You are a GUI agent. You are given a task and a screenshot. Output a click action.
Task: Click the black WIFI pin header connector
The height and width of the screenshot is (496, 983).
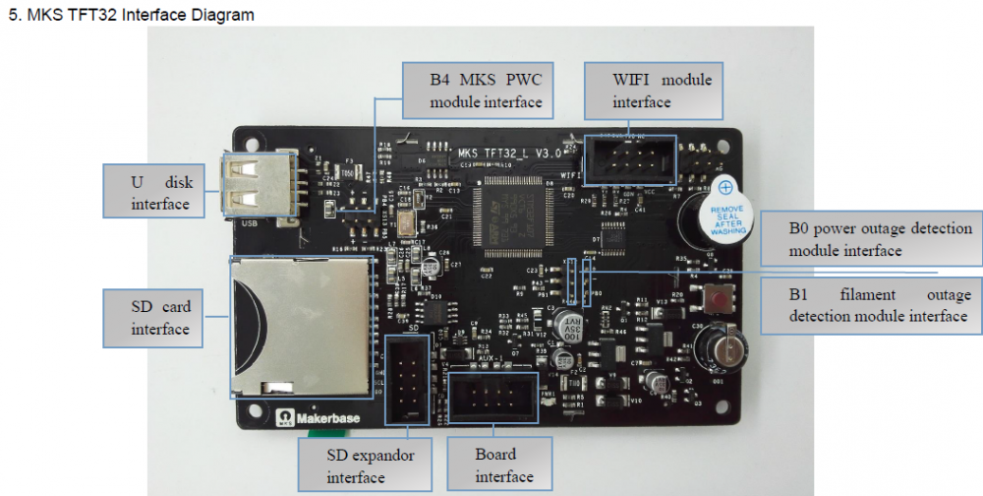click(x=629, y=156)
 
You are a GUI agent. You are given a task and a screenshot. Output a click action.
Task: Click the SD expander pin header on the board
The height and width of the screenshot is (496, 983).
click(x=406, y=376)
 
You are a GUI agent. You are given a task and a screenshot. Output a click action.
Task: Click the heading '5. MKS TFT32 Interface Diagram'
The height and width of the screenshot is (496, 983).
click(x=130, y=14)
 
